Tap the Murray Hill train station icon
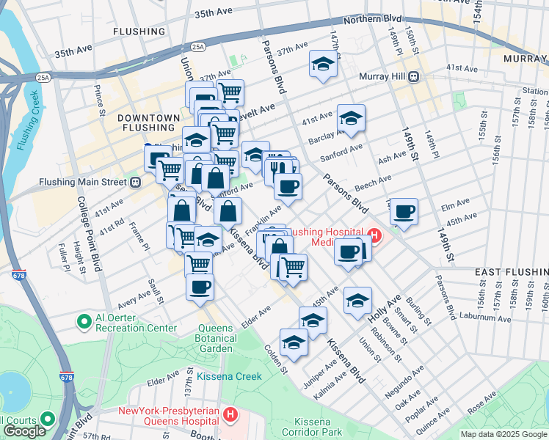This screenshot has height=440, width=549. (x=414, y=76)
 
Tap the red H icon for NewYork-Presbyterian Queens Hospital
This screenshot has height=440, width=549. (x=231, y=416)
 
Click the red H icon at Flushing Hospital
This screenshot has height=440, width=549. (x=374, y=235)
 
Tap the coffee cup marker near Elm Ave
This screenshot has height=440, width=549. (x=404, y=212)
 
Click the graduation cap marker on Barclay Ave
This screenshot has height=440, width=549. (x=351, y=118)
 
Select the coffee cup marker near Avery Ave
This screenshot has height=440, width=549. (x=199, y=287)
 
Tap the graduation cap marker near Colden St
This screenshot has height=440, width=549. (x=294, y=342)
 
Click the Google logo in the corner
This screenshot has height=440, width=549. (x=24, y=431)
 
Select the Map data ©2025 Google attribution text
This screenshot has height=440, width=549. (x=503, y=434)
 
